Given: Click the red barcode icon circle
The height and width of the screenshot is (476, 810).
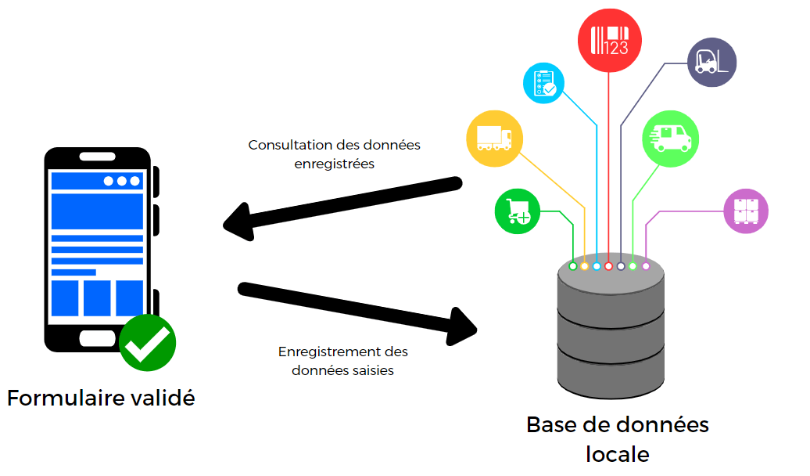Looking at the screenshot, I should pos(609,38).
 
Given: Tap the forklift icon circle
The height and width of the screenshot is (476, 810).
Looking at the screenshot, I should pos(711,62).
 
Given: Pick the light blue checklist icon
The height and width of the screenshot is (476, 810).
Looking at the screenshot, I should pos(546,84).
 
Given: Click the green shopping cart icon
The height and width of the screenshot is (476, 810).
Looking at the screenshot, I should pos(518,211).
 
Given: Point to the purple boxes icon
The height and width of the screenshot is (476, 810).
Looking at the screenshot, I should pos(746,211).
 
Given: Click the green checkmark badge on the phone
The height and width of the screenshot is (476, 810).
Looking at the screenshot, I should pos(148,343).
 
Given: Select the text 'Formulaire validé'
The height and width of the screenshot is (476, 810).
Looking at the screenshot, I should pos(101,398).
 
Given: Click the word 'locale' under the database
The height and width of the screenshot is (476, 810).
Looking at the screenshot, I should pos(617,453).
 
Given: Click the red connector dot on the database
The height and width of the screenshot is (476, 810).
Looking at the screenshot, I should pos(608,267).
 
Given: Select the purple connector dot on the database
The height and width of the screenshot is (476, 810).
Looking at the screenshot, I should pos(646,267).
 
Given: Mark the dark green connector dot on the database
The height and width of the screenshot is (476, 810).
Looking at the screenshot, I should pos(573,267).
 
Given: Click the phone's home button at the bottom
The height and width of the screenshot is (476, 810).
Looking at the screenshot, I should pos(98,338).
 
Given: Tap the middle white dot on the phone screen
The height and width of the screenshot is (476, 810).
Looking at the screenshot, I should pos(121,181).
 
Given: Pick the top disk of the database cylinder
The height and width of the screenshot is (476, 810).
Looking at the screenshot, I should pos(611,282).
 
